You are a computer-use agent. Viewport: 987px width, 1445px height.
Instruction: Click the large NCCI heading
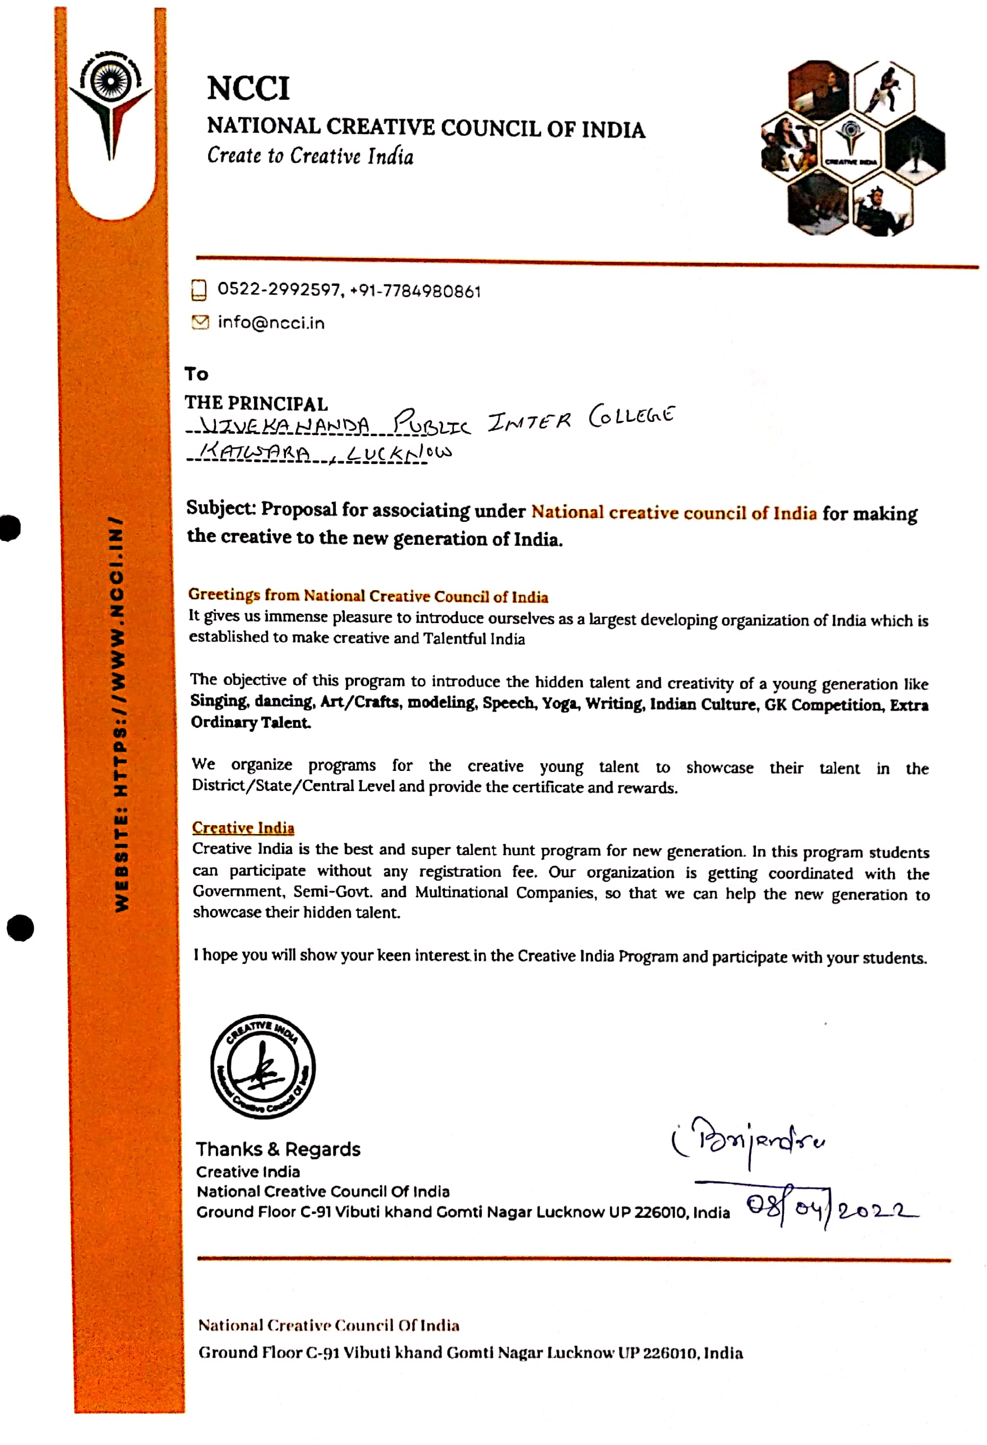click(x=248, y=88)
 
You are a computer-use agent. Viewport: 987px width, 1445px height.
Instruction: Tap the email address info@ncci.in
click(x=271, y=323)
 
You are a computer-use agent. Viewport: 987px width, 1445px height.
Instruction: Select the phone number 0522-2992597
click(x=279, y=290)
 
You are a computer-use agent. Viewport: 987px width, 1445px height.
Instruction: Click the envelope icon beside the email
click(x=200, y=322)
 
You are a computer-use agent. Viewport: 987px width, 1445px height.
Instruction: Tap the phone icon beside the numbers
click(x=198, y=290)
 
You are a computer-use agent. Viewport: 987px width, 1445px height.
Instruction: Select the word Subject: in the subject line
click(x=221, y=508)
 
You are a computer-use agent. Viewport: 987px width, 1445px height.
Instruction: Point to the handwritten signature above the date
click(x=750, y=1141)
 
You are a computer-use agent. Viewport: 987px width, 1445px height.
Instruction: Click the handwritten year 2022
click(x=876, y=1210)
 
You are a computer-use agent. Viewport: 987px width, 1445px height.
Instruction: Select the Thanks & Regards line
click(x=278, y=1149)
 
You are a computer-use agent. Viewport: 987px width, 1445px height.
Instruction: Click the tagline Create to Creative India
click(x=310, y=156)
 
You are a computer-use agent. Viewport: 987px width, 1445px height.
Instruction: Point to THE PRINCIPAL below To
click(x=256, y=403)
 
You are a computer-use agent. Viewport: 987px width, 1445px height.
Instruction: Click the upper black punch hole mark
click(x=9, y=528)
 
